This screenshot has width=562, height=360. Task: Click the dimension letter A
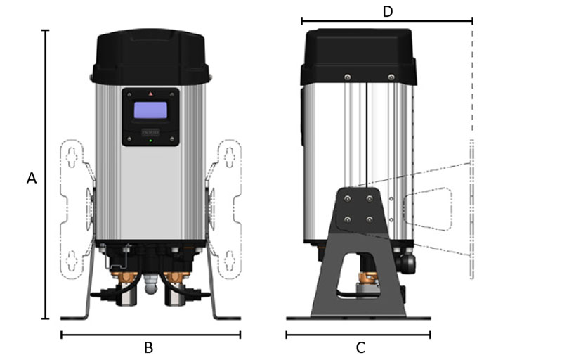point(32,179)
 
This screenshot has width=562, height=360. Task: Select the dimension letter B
point(149,347)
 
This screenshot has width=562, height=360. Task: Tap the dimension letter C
point(360,347)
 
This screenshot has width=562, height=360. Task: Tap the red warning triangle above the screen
point(150,94)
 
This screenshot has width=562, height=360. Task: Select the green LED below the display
point(150,141)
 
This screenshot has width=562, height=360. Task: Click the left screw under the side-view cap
point(347,77)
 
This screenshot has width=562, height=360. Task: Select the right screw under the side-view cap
point(391,77)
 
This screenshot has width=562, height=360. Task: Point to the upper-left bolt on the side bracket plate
point(348,199)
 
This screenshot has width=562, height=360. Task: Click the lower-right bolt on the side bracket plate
point(370,219)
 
